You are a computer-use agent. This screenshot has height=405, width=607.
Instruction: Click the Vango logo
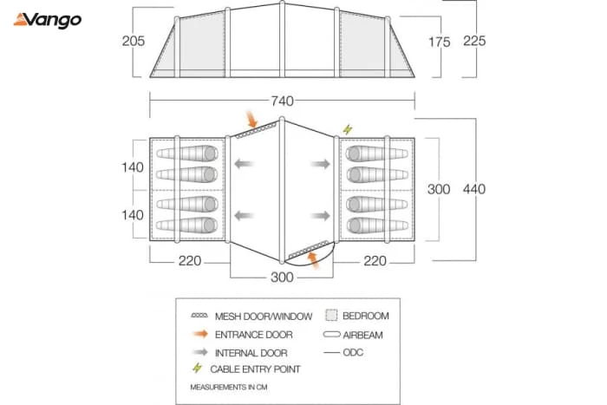click(x=48, y=20)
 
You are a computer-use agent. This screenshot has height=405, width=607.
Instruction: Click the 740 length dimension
click(x=282, y=101)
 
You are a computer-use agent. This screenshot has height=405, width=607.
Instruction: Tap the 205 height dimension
click(x=134, y=41)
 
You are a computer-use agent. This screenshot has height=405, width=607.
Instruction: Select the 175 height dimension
click(x=440, y=42)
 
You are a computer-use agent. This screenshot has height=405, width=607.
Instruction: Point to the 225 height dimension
click(x=474, y=41)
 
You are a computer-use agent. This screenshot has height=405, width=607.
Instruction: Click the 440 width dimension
click(x=474, y=189)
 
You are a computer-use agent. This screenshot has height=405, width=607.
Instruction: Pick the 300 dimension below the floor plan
click(x=282, y=278)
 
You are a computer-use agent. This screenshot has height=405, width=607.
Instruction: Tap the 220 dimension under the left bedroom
click(x=190, y=261)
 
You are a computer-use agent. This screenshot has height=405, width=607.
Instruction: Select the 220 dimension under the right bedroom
click(x=375, y=261)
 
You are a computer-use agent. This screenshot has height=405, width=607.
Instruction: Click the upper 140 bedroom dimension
click(x=133, y=167)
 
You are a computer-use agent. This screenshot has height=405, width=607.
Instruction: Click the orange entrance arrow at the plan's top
click(x=251, y=119)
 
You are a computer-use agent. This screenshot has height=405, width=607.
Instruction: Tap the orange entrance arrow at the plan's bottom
click(x=313, y=260)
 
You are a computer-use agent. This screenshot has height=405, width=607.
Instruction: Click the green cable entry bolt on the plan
click(x=348, y=129)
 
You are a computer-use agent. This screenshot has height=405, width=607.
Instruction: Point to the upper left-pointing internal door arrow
click(x=244, y=164)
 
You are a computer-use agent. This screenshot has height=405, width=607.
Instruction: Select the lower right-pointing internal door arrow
click(x=320, y=216)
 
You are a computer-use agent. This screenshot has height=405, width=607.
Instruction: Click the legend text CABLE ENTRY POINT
click(x=255, y=369)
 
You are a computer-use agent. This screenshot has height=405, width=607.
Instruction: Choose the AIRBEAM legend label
click(x=362, y=335)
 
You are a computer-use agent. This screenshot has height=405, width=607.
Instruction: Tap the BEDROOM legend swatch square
click(x=331, y=315)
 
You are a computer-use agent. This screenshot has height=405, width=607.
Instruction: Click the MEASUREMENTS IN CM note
click(x=229, y=387)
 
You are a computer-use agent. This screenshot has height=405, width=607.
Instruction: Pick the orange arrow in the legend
click(x=201, y=334)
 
